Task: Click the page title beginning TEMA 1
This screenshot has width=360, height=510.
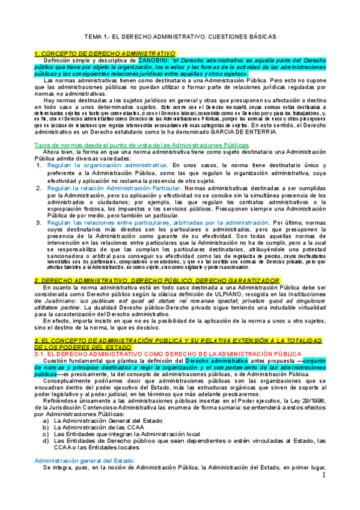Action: [180, 37]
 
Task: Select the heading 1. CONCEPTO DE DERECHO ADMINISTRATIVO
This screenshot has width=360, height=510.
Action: [105, 54]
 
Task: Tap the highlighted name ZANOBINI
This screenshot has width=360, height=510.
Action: [154, 61]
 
